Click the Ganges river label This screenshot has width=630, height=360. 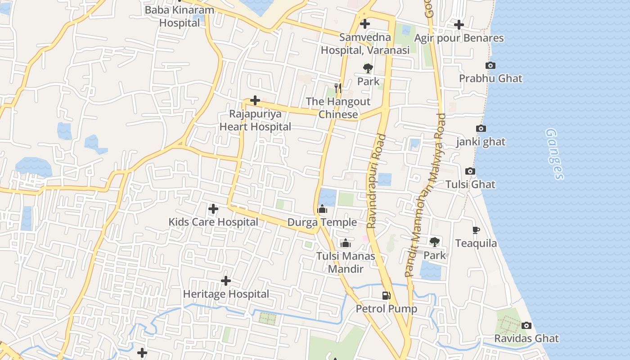click(554, 154)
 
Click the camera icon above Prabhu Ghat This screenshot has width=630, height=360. click(490, 66)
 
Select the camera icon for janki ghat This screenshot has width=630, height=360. click(481, 129)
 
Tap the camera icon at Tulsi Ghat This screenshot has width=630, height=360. click(470, 171)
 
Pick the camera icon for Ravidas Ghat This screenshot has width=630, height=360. click(526, 325)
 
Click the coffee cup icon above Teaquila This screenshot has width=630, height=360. click(476, 230)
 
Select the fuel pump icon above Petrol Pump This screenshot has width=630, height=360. click(386, 296)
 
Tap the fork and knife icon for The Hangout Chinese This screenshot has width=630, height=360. click(338, 88)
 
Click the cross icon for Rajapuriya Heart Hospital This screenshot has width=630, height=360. click(255, 100)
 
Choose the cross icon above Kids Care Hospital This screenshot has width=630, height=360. click(213, 209)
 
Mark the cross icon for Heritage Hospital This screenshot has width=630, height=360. click(226, 281)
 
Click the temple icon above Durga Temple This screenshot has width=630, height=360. click(322, 209)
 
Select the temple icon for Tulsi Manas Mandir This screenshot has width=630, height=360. click(346, 243)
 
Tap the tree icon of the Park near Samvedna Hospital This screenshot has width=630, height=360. click(368, 68)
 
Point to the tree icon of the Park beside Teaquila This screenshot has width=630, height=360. click(434, 242)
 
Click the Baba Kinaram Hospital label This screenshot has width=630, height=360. click(179, 16)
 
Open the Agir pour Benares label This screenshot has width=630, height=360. click(459, 38)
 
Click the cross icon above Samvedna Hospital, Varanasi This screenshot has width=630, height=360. click(365, 24)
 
